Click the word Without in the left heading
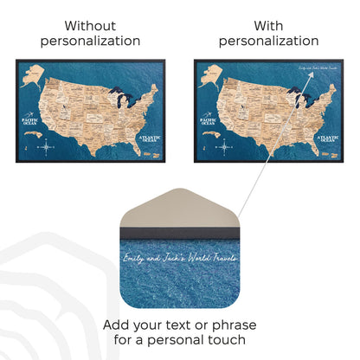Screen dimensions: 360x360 coord(90,25)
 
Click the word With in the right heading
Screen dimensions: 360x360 coord(268,25)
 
